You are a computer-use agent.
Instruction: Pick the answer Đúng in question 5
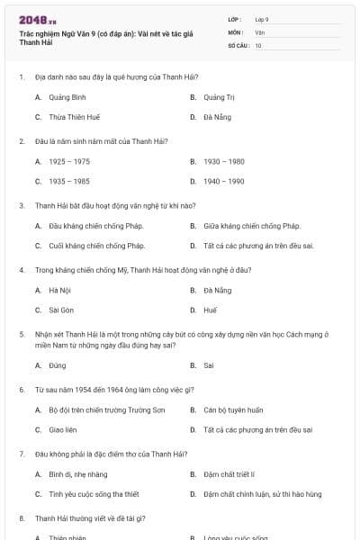point(58,365)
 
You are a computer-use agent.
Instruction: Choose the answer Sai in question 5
point(208,365)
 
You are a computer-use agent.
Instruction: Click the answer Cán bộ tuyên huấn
point(233,410)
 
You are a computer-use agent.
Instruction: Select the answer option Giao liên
point(62,430)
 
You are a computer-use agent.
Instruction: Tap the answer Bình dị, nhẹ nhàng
point(77,474)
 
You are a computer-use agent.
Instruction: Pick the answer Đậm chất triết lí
point(233,474)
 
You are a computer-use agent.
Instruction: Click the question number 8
point(21,518)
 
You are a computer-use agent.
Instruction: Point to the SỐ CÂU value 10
point(258,45)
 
